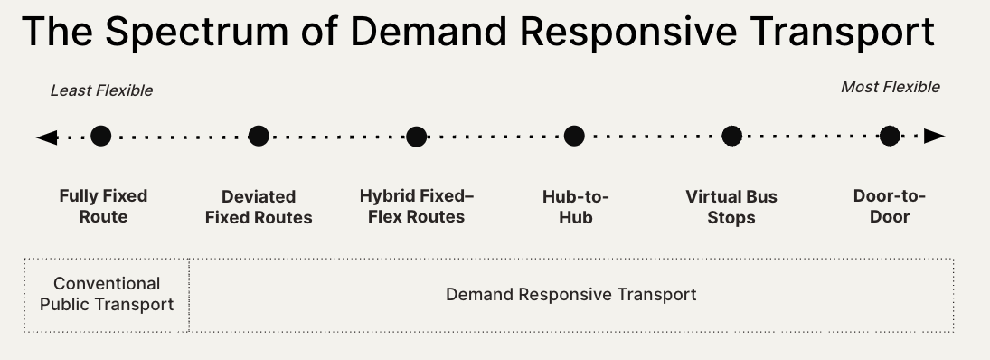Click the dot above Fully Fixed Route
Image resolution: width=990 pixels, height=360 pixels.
click(x=101, y=137)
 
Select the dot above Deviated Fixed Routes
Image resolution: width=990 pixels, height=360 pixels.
click(x=259, y=137)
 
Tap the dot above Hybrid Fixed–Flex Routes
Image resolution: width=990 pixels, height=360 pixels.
click(x=416, y=137)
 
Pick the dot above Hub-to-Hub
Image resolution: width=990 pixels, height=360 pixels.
click(x=574, y=137)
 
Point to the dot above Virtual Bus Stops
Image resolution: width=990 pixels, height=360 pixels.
click(x=731, y=137)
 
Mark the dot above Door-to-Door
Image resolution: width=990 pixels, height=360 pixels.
click(x=890, y=137)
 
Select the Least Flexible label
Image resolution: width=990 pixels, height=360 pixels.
click(x=101, y=90)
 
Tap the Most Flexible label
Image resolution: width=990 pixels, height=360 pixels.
click(x=891, y=87)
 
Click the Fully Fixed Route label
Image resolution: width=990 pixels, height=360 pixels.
click(x=103, y=206)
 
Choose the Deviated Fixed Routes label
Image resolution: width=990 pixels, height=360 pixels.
click(x=259, y=207)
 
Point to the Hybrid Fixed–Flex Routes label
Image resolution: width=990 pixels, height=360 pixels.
click(x=416, y=206)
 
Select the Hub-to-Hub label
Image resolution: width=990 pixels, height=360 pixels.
click(x=575, y=206)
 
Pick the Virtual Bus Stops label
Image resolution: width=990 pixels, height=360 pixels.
click(x=731, y=207)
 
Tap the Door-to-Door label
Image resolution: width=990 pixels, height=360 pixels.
click(x=890, y=206)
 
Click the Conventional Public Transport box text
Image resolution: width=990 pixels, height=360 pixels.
click(x=107, y=294)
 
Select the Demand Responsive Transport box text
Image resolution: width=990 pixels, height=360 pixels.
click(x=571, y=295)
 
